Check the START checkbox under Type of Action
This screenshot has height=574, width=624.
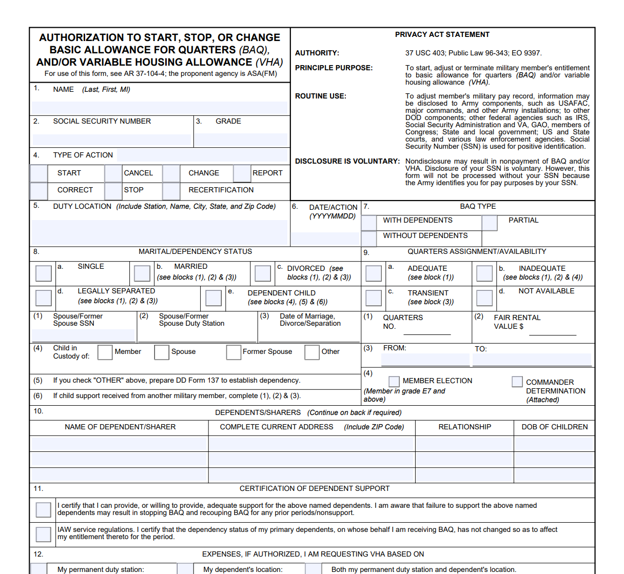pyautogui.click(x=39, y=173)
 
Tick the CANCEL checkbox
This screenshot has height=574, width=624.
pyautogui.click(x=113, y=173)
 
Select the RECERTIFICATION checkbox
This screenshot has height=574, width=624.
pyautogui.click(x=171, y=191)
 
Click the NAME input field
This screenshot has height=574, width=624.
pyautogui.click(x=160, y=107)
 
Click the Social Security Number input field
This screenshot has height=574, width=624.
pyautogui.click(x=111, y=139)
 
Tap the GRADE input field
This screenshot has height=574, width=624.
pyautogui.click(x=241, y=139)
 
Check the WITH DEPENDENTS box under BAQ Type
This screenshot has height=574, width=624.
pyautogui.click(x=369, y=223)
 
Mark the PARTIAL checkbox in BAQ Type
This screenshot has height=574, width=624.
pyautogui.click(x=490, y=223)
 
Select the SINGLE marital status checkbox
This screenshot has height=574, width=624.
pyautogui.click(x=44, y=273)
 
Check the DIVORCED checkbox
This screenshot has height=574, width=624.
pyautogui.click(x=263, y=273)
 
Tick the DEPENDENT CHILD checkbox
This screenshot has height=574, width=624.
pyautogui.click(x=213, y=298)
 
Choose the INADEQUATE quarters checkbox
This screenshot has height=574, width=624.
pyautogui.click(x=484, y=273)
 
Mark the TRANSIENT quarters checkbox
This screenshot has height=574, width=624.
pyautogui.click(x=374, y=298)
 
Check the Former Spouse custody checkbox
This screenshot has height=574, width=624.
pyautogui.click(x=233, y=352)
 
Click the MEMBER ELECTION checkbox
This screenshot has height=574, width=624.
pyautogui.click(x=394, y=381)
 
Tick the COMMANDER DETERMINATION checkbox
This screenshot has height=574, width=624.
pyautogui.click(x=517, y=382)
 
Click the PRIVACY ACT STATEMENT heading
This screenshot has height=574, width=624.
pyautogui.click(x=442, y=34)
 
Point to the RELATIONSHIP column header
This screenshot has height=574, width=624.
pyautogui.click(x=464, y=427)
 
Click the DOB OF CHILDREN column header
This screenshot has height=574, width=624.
pyautogui.click(x=554, y=427)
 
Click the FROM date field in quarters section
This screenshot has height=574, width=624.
pyautogui.click(x=425, y=360)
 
